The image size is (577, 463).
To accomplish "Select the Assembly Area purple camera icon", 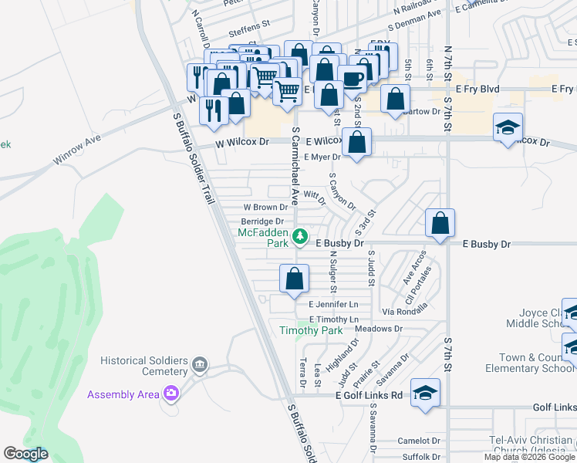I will click(x=170, y=394).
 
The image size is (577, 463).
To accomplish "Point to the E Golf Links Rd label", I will click(x=369, y=395).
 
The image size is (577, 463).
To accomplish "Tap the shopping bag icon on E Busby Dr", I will click(x=440, y=224).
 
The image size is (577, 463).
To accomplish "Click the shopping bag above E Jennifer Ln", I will click(x=295, y=279).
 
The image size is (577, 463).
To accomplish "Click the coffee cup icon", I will click(x=352, y=79).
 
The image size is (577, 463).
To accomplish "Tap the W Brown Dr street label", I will click(x=265, y=207).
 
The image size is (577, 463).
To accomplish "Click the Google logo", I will click(x=25, y=454).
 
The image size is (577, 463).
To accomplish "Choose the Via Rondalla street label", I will click(x=405, y=313).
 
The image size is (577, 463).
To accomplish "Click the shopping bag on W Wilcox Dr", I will click(x=357, y=142).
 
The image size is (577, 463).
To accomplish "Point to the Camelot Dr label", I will click(x=419, y=441).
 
